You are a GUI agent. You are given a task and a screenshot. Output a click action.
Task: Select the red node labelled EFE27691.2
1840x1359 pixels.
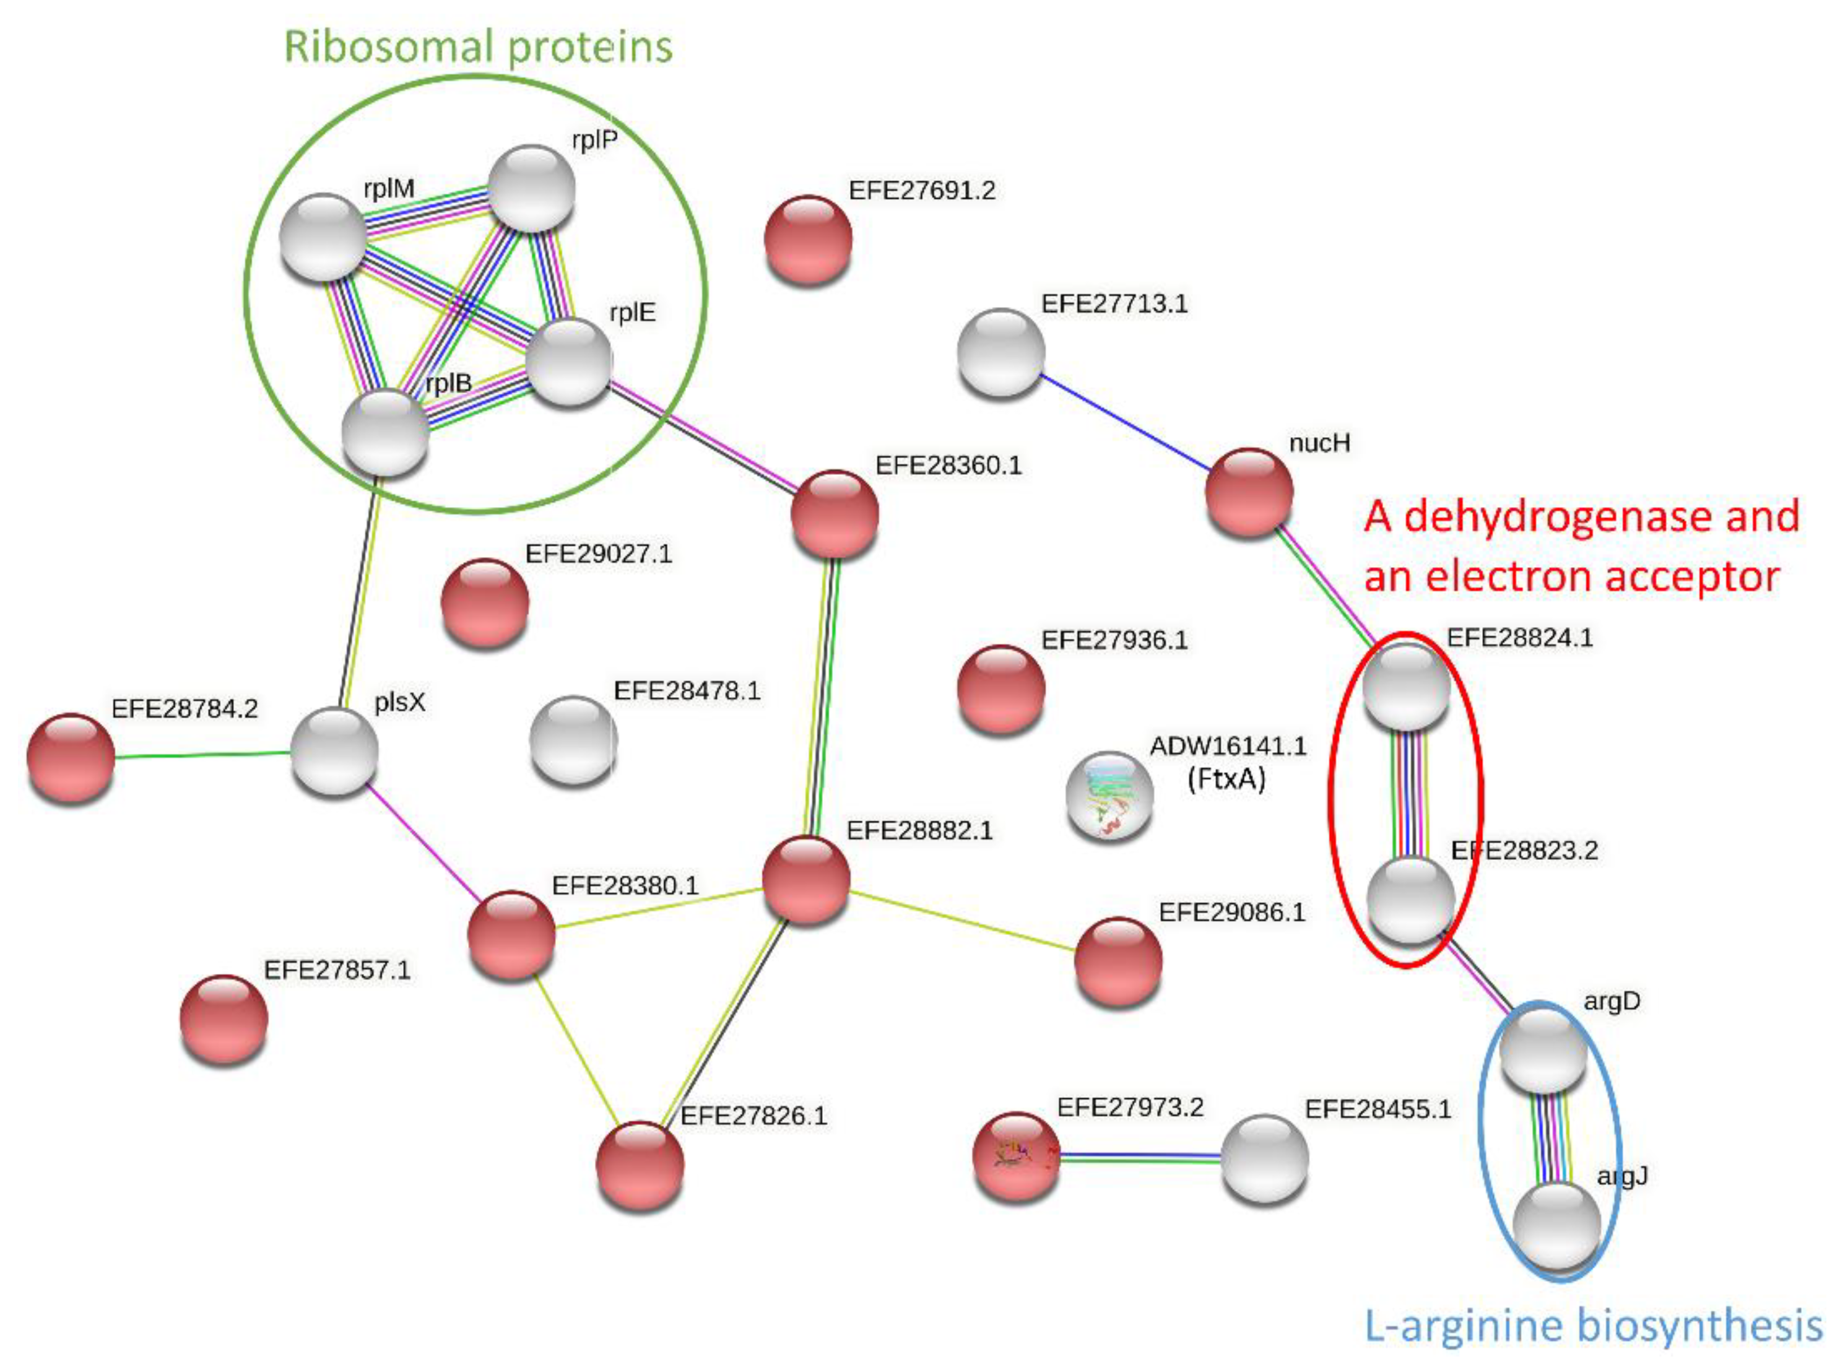click(x=808, y=240)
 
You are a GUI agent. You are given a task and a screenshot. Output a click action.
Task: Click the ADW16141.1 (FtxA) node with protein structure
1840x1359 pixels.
click(x=1109, y=796)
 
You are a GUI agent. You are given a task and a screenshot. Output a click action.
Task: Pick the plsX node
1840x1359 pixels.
click(x=335, y=751)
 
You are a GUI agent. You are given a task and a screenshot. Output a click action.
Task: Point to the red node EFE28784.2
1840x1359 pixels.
click(x=71, y=757)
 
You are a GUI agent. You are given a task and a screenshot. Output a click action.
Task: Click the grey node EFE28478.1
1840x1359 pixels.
click(x=573, y=739)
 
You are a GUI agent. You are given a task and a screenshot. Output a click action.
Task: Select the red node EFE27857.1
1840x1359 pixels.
click(x=223, y=1018)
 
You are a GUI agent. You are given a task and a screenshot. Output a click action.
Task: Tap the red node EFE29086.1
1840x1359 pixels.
click(x=1118, y=961)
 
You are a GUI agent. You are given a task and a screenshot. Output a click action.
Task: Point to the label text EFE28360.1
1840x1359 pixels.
click(x=948, y=466)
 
